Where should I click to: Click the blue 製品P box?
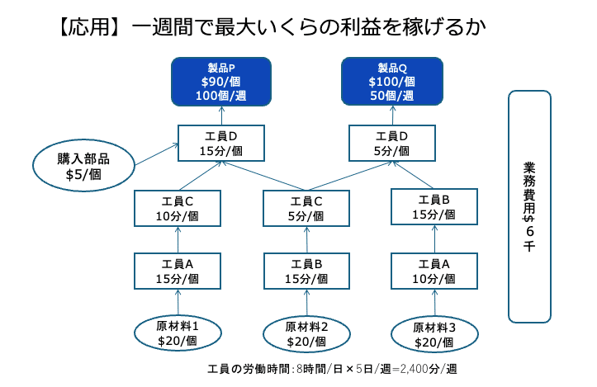tap(220, 81)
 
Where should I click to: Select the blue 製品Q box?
tap(392, 81)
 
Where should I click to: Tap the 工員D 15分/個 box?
tap(220, 143)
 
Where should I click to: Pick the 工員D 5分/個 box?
tap(391, 143)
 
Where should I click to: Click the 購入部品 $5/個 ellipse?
tap(83, 166)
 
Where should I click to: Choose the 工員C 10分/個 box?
tap(178, 208)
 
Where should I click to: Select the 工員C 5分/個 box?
tap(306, 208)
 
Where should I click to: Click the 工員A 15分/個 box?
tap(178, 271)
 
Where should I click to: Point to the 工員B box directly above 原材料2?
tap(306, 271)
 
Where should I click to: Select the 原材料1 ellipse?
tap(178, 333)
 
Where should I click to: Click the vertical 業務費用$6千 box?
tap(528, 205)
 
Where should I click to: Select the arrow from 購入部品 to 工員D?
tap(157, 153)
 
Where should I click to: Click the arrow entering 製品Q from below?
tap(392, 115)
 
